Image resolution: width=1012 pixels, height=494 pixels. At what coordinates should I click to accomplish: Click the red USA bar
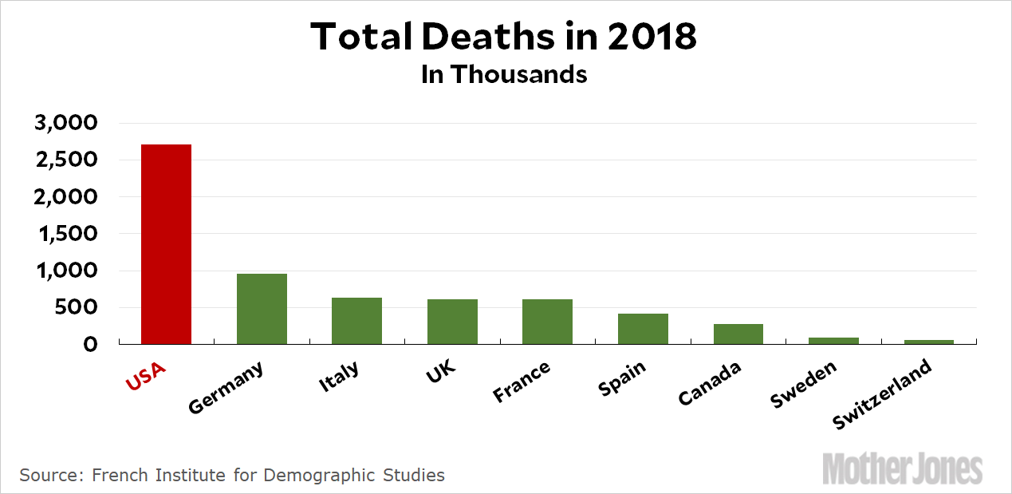point(166,244)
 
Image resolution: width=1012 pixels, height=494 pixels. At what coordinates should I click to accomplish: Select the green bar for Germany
point(262,309)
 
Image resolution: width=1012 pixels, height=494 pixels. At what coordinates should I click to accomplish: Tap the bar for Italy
point(356,321)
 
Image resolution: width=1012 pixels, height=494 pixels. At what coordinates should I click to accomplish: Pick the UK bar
point(452,322)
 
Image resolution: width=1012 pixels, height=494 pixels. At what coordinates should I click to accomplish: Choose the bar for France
point(547,322)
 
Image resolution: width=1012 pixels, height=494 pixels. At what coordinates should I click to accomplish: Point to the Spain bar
point(643,329)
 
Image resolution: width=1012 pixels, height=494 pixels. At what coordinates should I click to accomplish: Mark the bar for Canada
point(738,334)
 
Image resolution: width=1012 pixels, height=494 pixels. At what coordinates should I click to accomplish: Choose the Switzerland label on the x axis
point(883,395)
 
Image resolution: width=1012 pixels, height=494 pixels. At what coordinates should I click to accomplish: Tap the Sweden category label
point(804,384)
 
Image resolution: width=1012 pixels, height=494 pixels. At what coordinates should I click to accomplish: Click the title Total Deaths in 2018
point(504,36)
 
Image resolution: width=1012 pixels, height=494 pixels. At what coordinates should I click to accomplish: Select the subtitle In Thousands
point(504,74)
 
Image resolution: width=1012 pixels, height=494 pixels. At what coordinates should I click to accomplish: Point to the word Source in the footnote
point(49,476)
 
